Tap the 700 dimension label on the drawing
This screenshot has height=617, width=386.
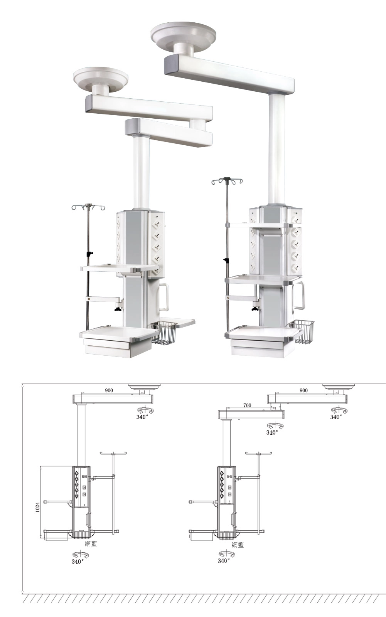pyautogui.click(x=247, y=405)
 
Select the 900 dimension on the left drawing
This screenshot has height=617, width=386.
pyautogui.click(x=109, y=390)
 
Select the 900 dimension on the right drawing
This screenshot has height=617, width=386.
pyautogui.click(x=303, y=390)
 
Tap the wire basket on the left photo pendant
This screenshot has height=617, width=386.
pyautogui.click(x=165, y=333)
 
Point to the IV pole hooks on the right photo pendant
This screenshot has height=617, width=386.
pyautogui.click(x=227, y=181)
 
